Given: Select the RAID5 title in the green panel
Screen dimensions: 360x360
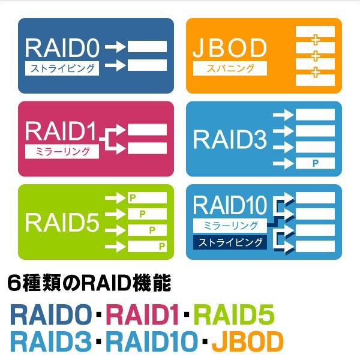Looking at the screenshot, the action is click(x=62, y=222).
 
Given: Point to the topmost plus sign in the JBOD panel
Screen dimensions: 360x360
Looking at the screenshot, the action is click(x=314, y=40).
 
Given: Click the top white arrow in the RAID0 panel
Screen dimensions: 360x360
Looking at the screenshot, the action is click(x=118, y=46).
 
